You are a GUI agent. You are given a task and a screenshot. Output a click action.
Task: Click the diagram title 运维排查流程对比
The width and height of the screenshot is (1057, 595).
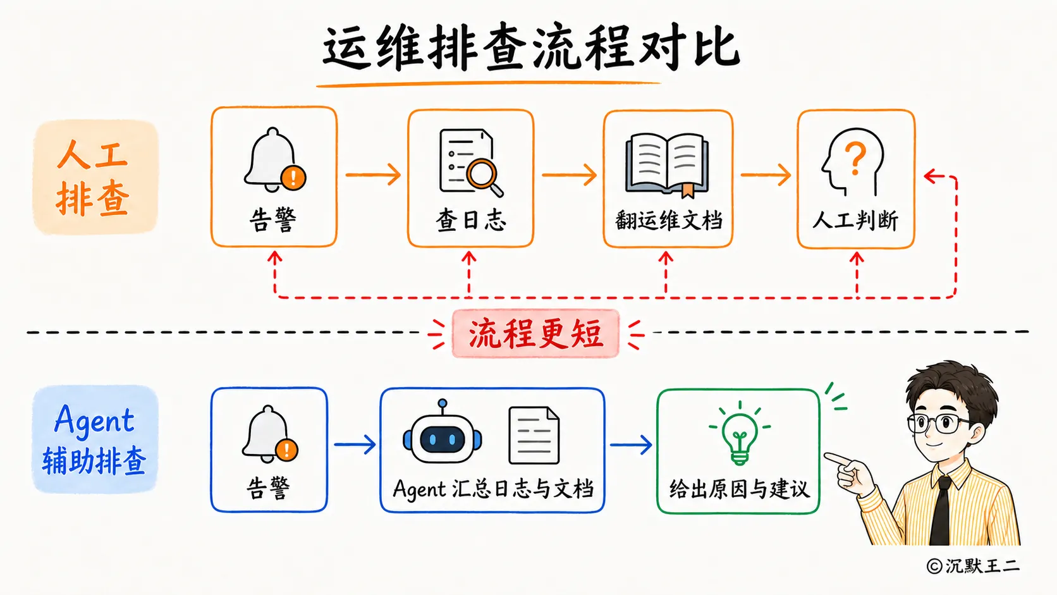[x=531, y=49]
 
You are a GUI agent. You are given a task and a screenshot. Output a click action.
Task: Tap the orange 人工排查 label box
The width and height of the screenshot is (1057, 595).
[x=95, y=177]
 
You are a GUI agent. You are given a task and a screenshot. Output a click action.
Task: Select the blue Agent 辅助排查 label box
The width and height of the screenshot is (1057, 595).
[x=95, y=439]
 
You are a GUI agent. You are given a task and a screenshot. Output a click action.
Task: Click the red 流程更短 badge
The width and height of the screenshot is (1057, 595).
[x=535, y=334]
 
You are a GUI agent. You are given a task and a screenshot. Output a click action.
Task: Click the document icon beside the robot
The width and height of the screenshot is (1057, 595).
[x=534, y=436]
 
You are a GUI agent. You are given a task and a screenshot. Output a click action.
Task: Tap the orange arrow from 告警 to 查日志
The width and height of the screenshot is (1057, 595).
[x=373, y=175]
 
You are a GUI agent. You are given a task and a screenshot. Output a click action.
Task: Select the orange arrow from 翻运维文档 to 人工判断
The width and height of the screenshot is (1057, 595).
[x=766, y=175]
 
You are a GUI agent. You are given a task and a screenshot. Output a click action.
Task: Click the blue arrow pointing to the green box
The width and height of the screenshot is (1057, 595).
[x=631, y=445]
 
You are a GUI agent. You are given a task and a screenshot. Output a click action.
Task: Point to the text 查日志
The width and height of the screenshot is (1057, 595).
[x=470, y=220]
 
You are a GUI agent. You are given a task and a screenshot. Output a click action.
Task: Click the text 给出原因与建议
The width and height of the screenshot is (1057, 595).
[x=740, y=489]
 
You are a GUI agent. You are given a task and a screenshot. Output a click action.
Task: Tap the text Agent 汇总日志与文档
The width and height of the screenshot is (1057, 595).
[x=493, y=489]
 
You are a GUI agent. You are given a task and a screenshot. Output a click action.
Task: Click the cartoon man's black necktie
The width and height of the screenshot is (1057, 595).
[x=941, y=512]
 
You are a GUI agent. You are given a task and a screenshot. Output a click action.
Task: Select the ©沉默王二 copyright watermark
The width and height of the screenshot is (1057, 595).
[x=973, y=566]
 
